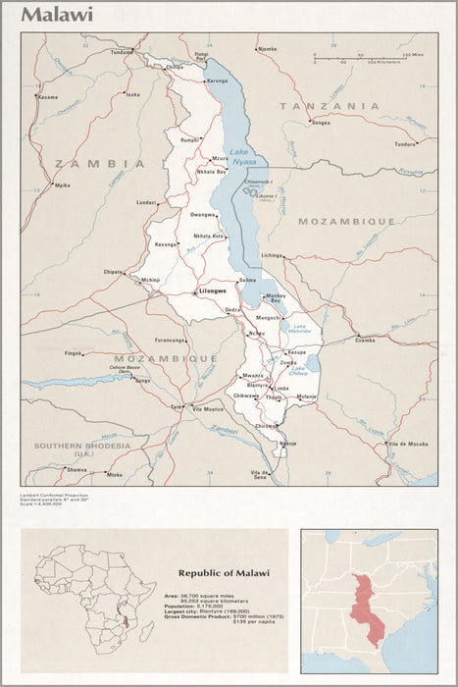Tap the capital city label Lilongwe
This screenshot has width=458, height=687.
[x=213, y=291]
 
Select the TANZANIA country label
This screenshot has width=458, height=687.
[x=329, y=105]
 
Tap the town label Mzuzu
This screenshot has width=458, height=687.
[x=220, y=158]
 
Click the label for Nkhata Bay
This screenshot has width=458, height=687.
[x=211, y=172]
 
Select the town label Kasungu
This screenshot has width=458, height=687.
[x=165, y=244]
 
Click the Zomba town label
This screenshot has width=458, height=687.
[x=287, y=362]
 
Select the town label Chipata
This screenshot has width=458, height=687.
[x=114, y=272]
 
